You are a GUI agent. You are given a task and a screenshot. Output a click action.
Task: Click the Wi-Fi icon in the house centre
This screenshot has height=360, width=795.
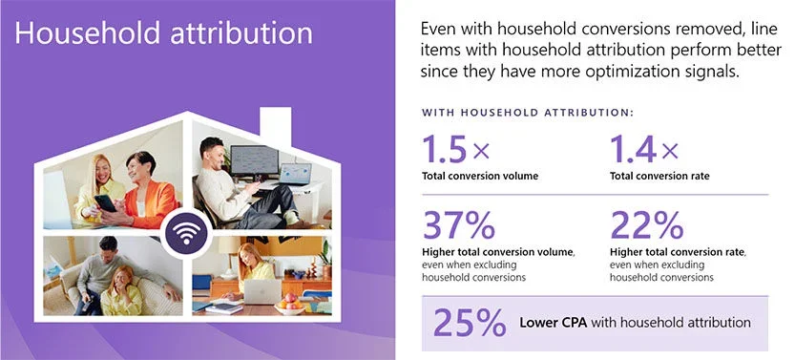click(184, 232)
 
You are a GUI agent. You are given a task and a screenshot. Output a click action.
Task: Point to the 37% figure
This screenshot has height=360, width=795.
click(458, 224)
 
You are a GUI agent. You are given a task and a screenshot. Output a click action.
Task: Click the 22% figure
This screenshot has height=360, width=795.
click(646, 224)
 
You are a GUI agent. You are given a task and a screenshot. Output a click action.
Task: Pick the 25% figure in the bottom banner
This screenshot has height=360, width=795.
click(470, 322)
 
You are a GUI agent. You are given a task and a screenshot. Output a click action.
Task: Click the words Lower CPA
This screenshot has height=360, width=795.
click(553, 323)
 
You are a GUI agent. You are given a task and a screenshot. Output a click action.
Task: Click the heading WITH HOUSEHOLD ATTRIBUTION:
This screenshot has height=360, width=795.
click(528, 113)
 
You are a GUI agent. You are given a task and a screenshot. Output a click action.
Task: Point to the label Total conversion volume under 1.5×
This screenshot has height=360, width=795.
click(481, 177)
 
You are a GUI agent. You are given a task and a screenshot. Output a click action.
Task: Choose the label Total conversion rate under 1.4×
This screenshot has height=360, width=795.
click(663, 177)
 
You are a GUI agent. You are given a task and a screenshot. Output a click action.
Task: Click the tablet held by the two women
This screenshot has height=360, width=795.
click(106, 201)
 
